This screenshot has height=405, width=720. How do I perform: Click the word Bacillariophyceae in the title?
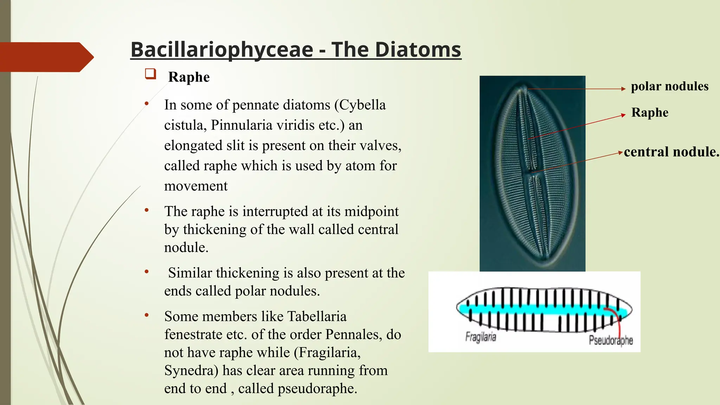221,50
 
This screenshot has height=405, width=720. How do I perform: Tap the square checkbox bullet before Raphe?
150,74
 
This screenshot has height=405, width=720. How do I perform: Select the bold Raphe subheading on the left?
189,77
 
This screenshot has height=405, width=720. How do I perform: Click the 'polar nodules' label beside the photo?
669,86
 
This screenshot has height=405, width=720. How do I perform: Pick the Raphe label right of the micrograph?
650,112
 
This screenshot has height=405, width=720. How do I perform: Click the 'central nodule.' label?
671,152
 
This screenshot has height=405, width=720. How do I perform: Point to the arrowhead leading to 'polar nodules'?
623,89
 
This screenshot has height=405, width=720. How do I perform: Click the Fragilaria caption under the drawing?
481,337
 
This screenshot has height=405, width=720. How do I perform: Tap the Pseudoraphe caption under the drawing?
611,340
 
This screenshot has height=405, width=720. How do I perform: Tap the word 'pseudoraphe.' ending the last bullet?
317,389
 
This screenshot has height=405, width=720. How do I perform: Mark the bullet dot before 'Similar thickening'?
147,272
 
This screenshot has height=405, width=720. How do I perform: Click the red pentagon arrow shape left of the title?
46,57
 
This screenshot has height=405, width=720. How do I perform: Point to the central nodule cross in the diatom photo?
531,172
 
